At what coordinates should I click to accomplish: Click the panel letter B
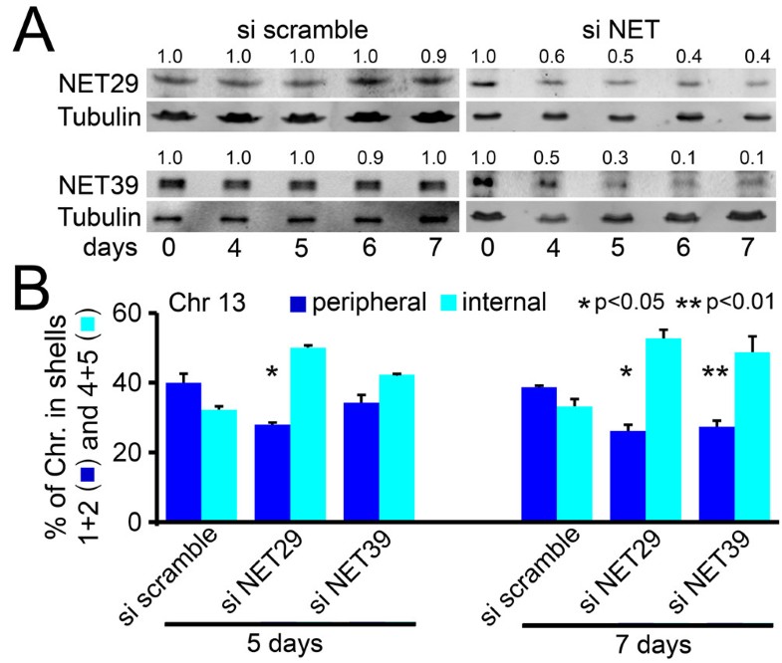coord(35,295)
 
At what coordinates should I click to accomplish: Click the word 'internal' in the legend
coord(503,300)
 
